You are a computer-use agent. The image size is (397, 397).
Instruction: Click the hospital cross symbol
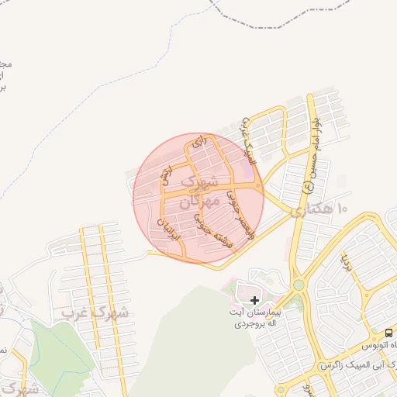(x=254, y=299)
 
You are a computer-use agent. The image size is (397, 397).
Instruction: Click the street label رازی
(x=191, y=145)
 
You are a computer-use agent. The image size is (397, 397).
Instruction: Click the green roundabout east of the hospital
(x=299, y=285)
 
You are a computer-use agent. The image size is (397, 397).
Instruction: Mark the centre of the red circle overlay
(x=198, y=198)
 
